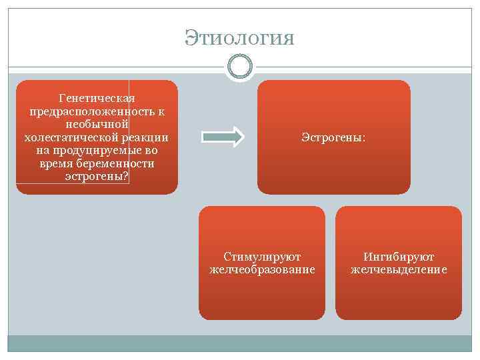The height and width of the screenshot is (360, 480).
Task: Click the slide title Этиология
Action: (x=239, y=37)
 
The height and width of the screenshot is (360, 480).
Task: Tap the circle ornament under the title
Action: (x=239, y=67)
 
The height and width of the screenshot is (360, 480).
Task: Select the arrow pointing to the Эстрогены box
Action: (x=223, y=137)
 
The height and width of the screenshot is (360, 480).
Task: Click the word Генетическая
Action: (x=97, y=98)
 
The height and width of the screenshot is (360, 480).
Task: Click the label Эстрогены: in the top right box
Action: (x=333, y=137)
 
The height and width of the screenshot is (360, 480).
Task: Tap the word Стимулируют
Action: (x=262, y=257)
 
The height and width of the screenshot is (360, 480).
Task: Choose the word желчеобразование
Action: (x=262, y=270)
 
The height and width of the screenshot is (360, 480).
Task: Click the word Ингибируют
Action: (x=399, y=257)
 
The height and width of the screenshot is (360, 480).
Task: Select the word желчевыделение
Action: (x=399, y=270)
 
